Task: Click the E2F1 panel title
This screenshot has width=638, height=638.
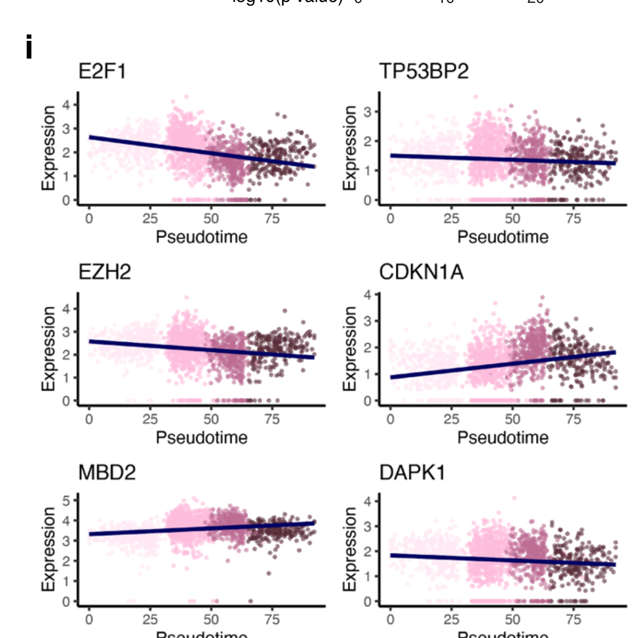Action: tap(102, 72)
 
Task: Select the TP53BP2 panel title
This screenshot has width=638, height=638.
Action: tap(423, 72)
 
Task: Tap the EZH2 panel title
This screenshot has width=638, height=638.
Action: tap(104, 272)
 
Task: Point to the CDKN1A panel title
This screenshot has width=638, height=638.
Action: tap(421, 272)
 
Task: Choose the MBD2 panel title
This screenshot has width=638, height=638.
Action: tap(107, 473)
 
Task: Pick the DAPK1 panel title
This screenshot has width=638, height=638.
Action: tap(412, 473)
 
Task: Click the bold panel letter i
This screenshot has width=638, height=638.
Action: tap(29, 47)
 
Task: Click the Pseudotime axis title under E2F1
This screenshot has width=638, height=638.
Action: tap(201, 237)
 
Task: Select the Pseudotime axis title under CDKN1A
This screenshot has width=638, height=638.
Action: tap(503, 438)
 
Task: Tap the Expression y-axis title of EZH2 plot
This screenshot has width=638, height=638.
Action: tap(49, 349)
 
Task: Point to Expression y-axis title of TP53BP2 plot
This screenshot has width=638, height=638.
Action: tap(350, 148)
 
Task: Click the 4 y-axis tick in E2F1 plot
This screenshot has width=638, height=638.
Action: tap(66, 105)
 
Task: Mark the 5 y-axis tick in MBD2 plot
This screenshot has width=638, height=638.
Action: tap(66, 501)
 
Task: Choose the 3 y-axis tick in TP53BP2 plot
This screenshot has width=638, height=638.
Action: tap(368, 112)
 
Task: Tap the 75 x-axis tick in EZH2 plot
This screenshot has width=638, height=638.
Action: tap(272, 420)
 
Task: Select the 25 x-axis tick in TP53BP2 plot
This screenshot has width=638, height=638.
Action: tap(451, 219)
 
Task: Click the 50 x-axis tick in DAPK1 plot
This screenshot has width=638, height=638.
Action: tap(512, 620)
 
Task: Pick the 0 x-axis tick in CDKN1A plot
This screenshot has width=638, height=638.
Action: tap(390, 420)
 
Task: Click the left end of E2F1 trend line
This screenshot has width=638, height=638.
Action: tap(90, 137)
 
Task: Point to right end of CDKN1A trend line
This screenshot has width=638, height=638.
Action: tap(615, 352)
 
